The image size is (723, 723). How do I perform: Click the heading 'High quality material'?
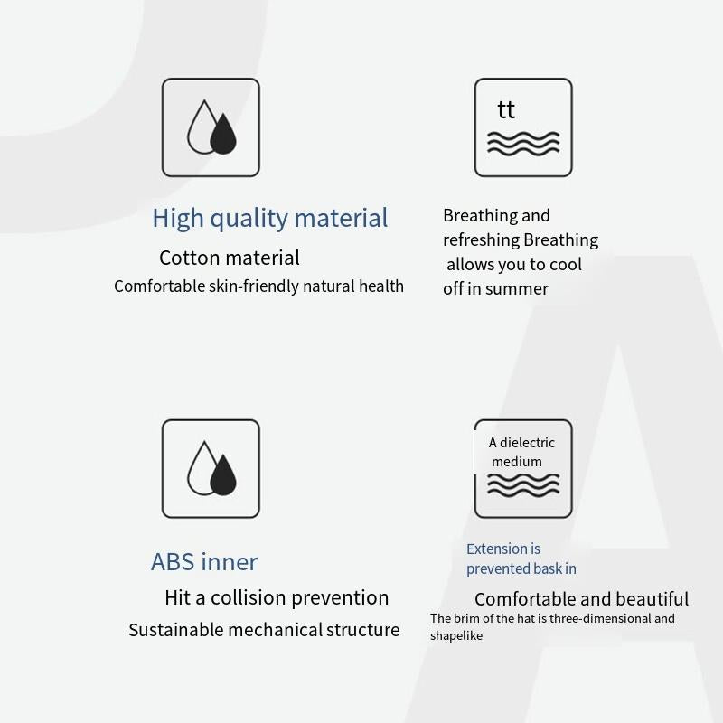pos(269,218)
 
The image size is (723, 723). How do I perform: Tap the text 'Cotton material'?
pos(230,258)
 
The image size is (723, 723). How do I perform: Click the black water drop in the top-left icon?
pos(223,133)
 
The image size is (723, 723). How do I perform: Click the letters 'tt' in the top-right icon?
pos(506,109)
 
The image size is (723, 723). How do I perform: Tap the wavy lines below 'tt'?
pos(523,144)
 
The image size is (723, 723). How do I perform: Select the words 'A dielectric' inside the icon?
pos(521,443)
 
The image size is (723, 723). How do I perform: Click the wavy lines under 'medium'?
pos(523,485)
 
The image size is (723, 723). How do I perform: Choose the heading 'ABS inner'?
pos(204,561)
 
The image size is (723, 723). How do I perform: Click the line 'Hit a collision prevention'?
pos(277,597)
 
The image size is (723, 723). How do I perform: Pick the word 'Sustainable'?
pos(176,630)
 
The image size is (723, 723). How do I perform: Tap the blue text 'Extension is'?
pos(503,549)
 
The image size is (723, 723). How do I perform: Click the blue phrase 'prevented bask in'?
pos(521,569)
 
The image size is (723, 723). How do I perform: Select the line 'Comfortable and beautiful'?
pos(581,599)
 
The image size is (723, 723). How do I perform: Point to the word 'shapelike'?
pos(456,636)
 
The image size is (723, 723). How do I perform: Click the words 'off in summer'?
pos(495,288)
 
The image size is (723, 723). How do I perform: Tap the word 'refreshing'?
pos(482,240)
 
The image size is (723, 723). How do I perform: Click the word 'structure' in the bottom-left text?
pos(363,630)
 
